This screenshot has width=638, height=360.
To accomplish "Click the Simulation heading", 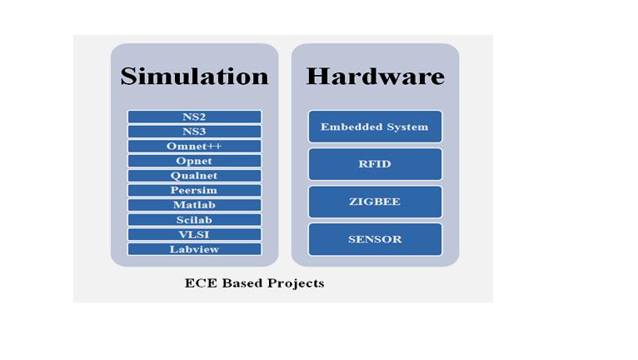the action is coord(195,76).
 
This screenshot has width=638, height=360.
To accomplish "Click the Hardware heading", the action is coord(375,76).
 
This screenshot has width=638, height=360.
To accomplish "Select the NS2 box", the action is coord(195,117).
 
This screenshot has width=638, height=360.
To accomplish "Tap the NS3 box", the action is coord(195,132).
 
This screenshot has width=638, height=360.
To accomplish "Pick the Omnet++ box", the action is coord(195,146).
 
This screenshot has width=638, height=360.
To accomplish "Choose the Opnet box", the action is coord(195,161).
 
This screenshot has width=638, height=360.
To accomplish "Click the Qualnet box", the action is coord(195,176).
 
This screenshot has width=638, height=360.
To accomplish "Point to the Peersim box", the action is coord(195,190).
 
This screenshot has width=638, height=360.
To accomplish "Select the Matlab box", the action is coord(195,205).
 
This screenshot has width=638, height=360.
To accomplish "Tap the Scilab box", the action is coord(195,220).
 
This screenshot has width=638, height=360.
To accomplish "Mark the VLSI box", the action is coord(195,234).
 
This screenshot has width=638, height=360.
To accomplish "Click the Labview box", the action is coord(195,249).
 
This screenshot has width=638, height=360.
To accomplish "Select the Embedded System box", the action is coord(375,127).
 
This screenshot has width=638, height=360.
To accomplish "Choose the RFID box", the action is coord(375,164).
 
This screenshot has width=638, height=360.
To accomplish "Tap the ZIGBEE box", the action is coord(375,202).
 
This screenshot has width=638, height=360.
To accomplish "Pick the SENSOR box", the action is coord(375,239).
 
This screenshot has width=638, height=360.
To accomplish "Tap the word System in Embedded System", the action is coord(407,127).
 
